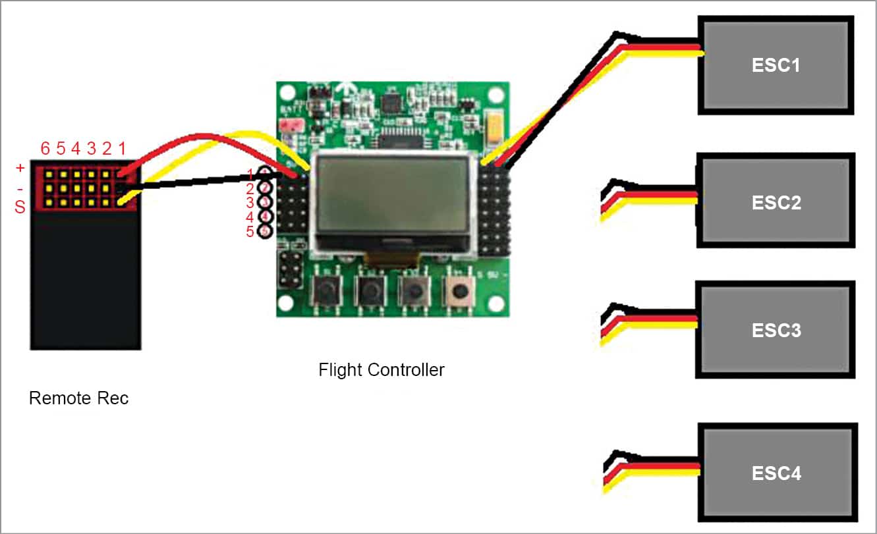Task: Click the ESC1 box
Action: click(776, 65)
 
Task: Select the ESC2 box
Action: click(776, 201)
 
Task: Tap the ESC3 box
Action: click(776, 329)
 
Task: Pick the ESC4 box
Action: click(777, 472)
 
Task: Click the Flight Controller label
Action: click(382, 369)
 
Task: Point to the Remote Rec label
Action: click(78, 398)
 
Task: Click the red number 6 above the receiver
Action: click(45, 149)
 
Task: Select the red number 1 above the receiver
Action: click(121, 149)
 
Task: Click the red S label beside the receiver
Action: click(20, 207)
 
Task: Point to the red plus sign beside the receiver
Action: click(20, 169)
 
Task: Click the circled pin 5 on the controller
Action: click(265, 231)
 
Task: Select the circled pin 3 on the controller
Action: click(265, 202)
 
